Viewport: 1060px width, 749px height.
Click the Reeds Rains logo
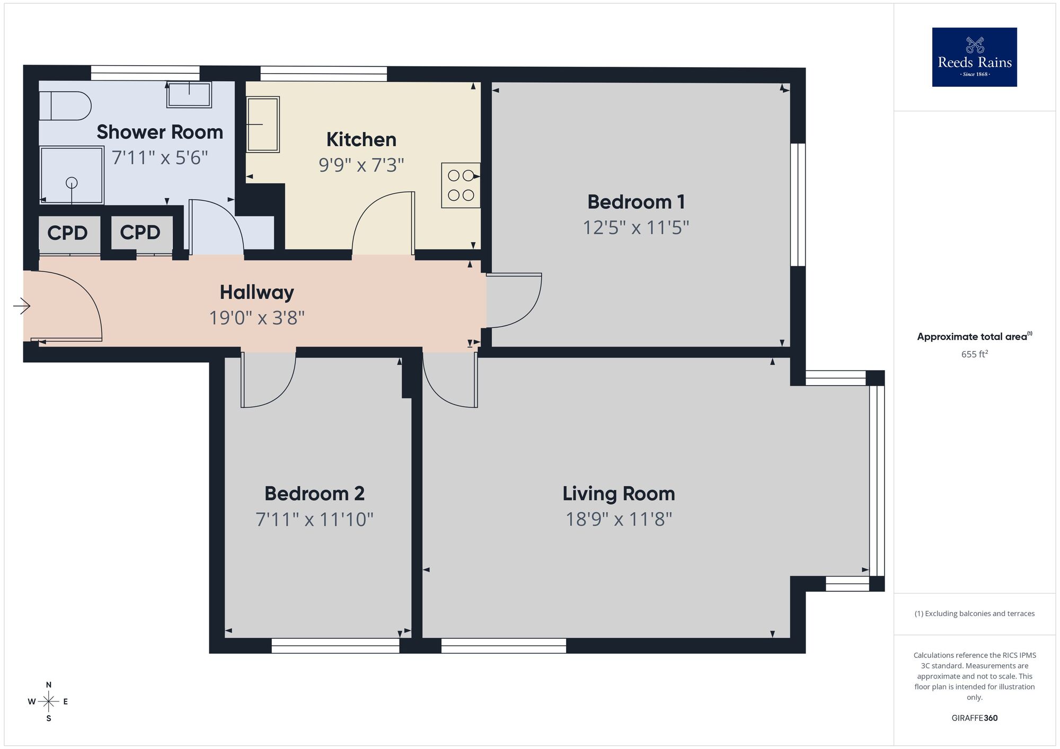coord(974,57)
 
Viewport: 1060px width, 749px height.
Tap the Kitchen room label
coord(361,140)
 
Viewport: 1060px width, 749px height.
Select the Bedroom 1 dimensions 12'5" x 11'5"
coord(635,228)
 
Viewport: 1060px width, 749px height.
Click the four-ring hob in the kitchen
coord(461,185)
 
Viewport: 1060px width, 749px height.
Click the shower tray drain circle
coord(72,183)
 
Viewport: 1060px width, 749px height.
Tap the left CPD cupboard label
coord(67,233)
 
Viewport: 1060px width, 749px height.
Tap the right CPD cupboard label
coord(140,233)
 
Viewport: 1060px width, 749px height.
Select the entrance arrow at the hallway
coord(22,306)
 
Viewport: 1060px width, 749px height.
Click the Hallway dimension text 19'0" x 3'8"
coord(257,318)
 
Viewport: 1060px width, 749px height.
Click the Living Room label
coord(619,494)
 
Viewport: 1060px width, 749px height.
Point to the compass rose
coord(48,702)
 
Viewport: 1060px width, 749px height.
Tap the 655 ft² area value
coord(974,354)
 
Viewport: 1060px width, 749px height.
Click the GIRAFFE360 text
coord(974,718)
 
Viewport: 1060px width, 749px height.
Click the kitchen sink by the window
coord(263,124)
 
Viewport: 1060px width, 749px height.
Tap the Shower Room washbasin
coord(189,95)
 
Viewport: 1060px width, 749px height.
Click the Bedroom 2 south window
coord(335,645)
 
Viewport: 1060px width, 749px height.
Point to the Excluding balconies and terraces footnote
coord(974,613)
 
